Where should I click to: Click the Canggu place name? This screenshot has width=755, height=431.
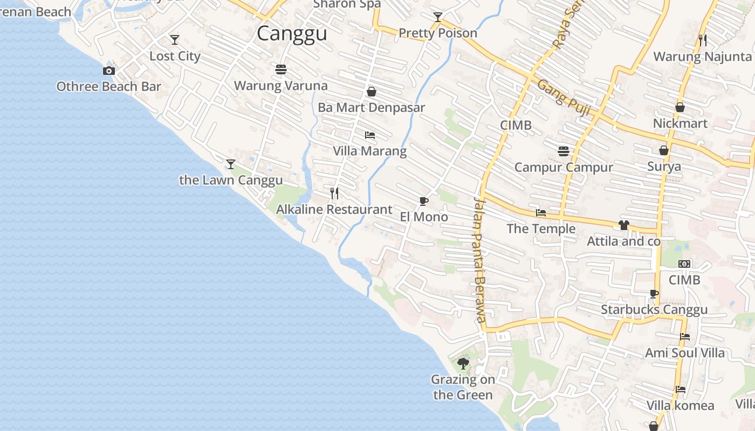(x=292, y=33)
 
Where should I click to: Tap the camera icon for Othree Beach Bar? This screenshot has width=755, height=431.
(x=109, y=71)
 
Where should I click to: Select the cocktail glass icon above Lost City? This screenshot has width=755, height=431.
(x=175, y=40)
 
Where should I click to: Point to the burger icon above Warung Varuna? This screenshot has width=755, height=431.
(x=280, y=69)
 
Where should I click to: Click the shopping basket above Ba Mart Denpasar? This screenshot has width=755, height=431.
(x=371, y=92)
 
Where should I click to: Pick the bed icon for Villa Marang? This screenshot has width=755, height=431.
(x=370, y=135)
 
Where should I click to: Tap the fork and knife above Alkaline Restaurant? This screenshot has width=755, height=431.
(x=334, y=193)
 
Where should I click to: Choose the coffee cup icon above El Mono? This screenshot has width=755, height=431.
(x=424, y=201)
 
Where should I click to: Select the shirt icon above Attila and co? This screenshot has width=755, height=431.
(x=624, y=225)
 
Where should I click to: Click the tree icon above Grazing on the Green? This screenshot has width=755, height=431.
(x=463, y=363)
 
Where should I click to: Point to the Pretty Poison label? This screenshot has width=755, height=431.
(x=438, y=33)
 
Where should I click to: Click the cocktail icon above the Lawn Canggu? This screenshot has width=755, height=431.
(x=231, y=164)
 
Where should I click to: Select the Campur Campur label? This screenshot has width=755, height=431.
(x=564, y=167)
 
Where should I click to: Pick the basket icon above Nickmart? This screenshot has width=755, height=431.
(x=680, y=107)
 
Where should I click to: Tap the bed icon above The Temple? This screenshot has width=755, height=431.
(x=541, y=213)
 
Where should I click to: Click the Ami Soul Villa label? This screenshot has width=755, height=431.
(x=685, y=353)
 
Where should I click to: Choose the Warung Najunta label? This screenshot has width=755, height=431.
(x=702, y=57)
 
